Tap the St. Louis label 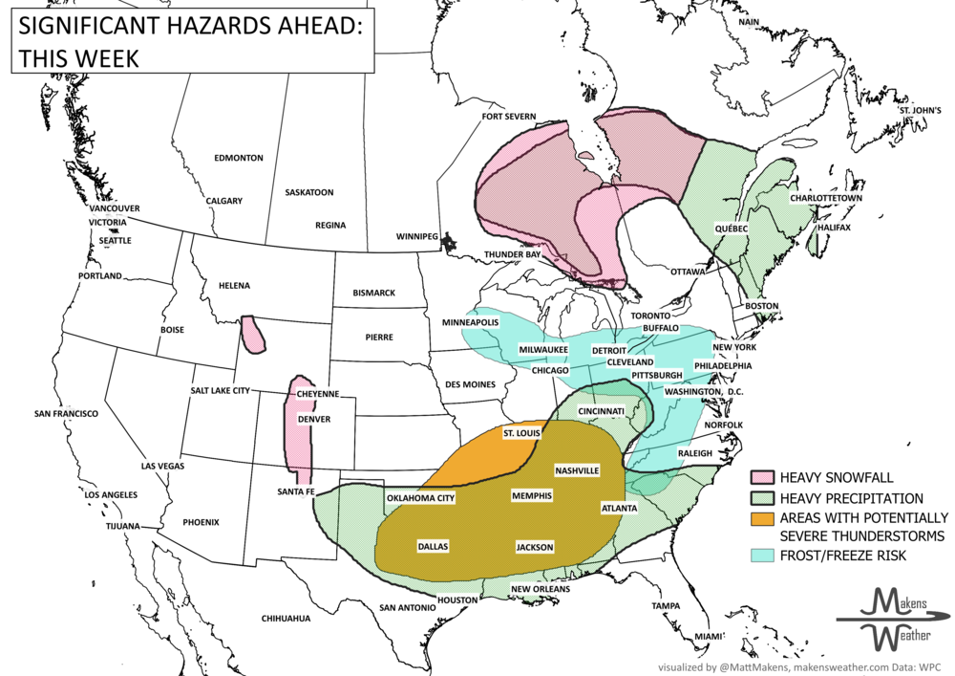tap(520, 433)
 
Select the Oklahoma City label tap(420, 498)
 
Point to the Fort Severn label tap(509, 117)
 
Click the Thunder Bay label tap(513, 254)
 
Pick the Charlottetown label tap(826, 198)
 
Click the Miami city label tap(710, 636)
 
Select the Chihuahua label tap(286, 619)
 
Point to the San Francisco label tap(66, 414)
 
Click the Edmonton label tap(239, 158)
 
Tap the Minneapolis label tap(469, 322)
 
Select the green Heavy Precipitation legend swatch tap(761, 498)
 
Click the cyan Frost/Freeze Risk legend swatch tap(761, 555)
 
